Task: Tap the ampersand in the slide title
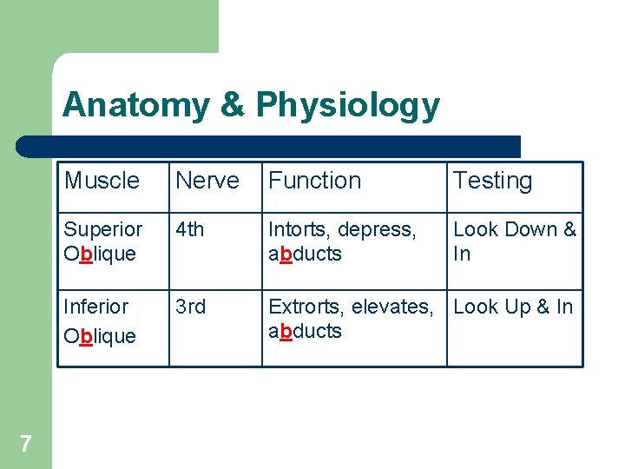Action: [233, 106]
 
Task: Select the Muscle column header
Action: [102, 181]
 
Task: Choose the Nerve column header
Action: [207, 181]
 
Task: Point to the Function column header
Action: [315, 181]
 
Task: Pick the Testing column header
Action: [493, 181]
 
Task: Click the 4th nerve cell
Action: [190, 229]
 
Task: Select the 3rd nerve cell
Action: [191, 307]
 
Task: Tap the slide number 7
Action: [26, 445]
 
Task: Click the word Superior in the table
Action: [103, 229]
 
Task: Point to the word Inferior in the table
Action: [96, 307]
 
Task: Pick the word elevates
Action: [393, 307]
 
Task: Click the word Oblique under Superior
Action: [101, 254]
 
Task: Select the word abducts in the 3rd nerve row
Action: [306, 331]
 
